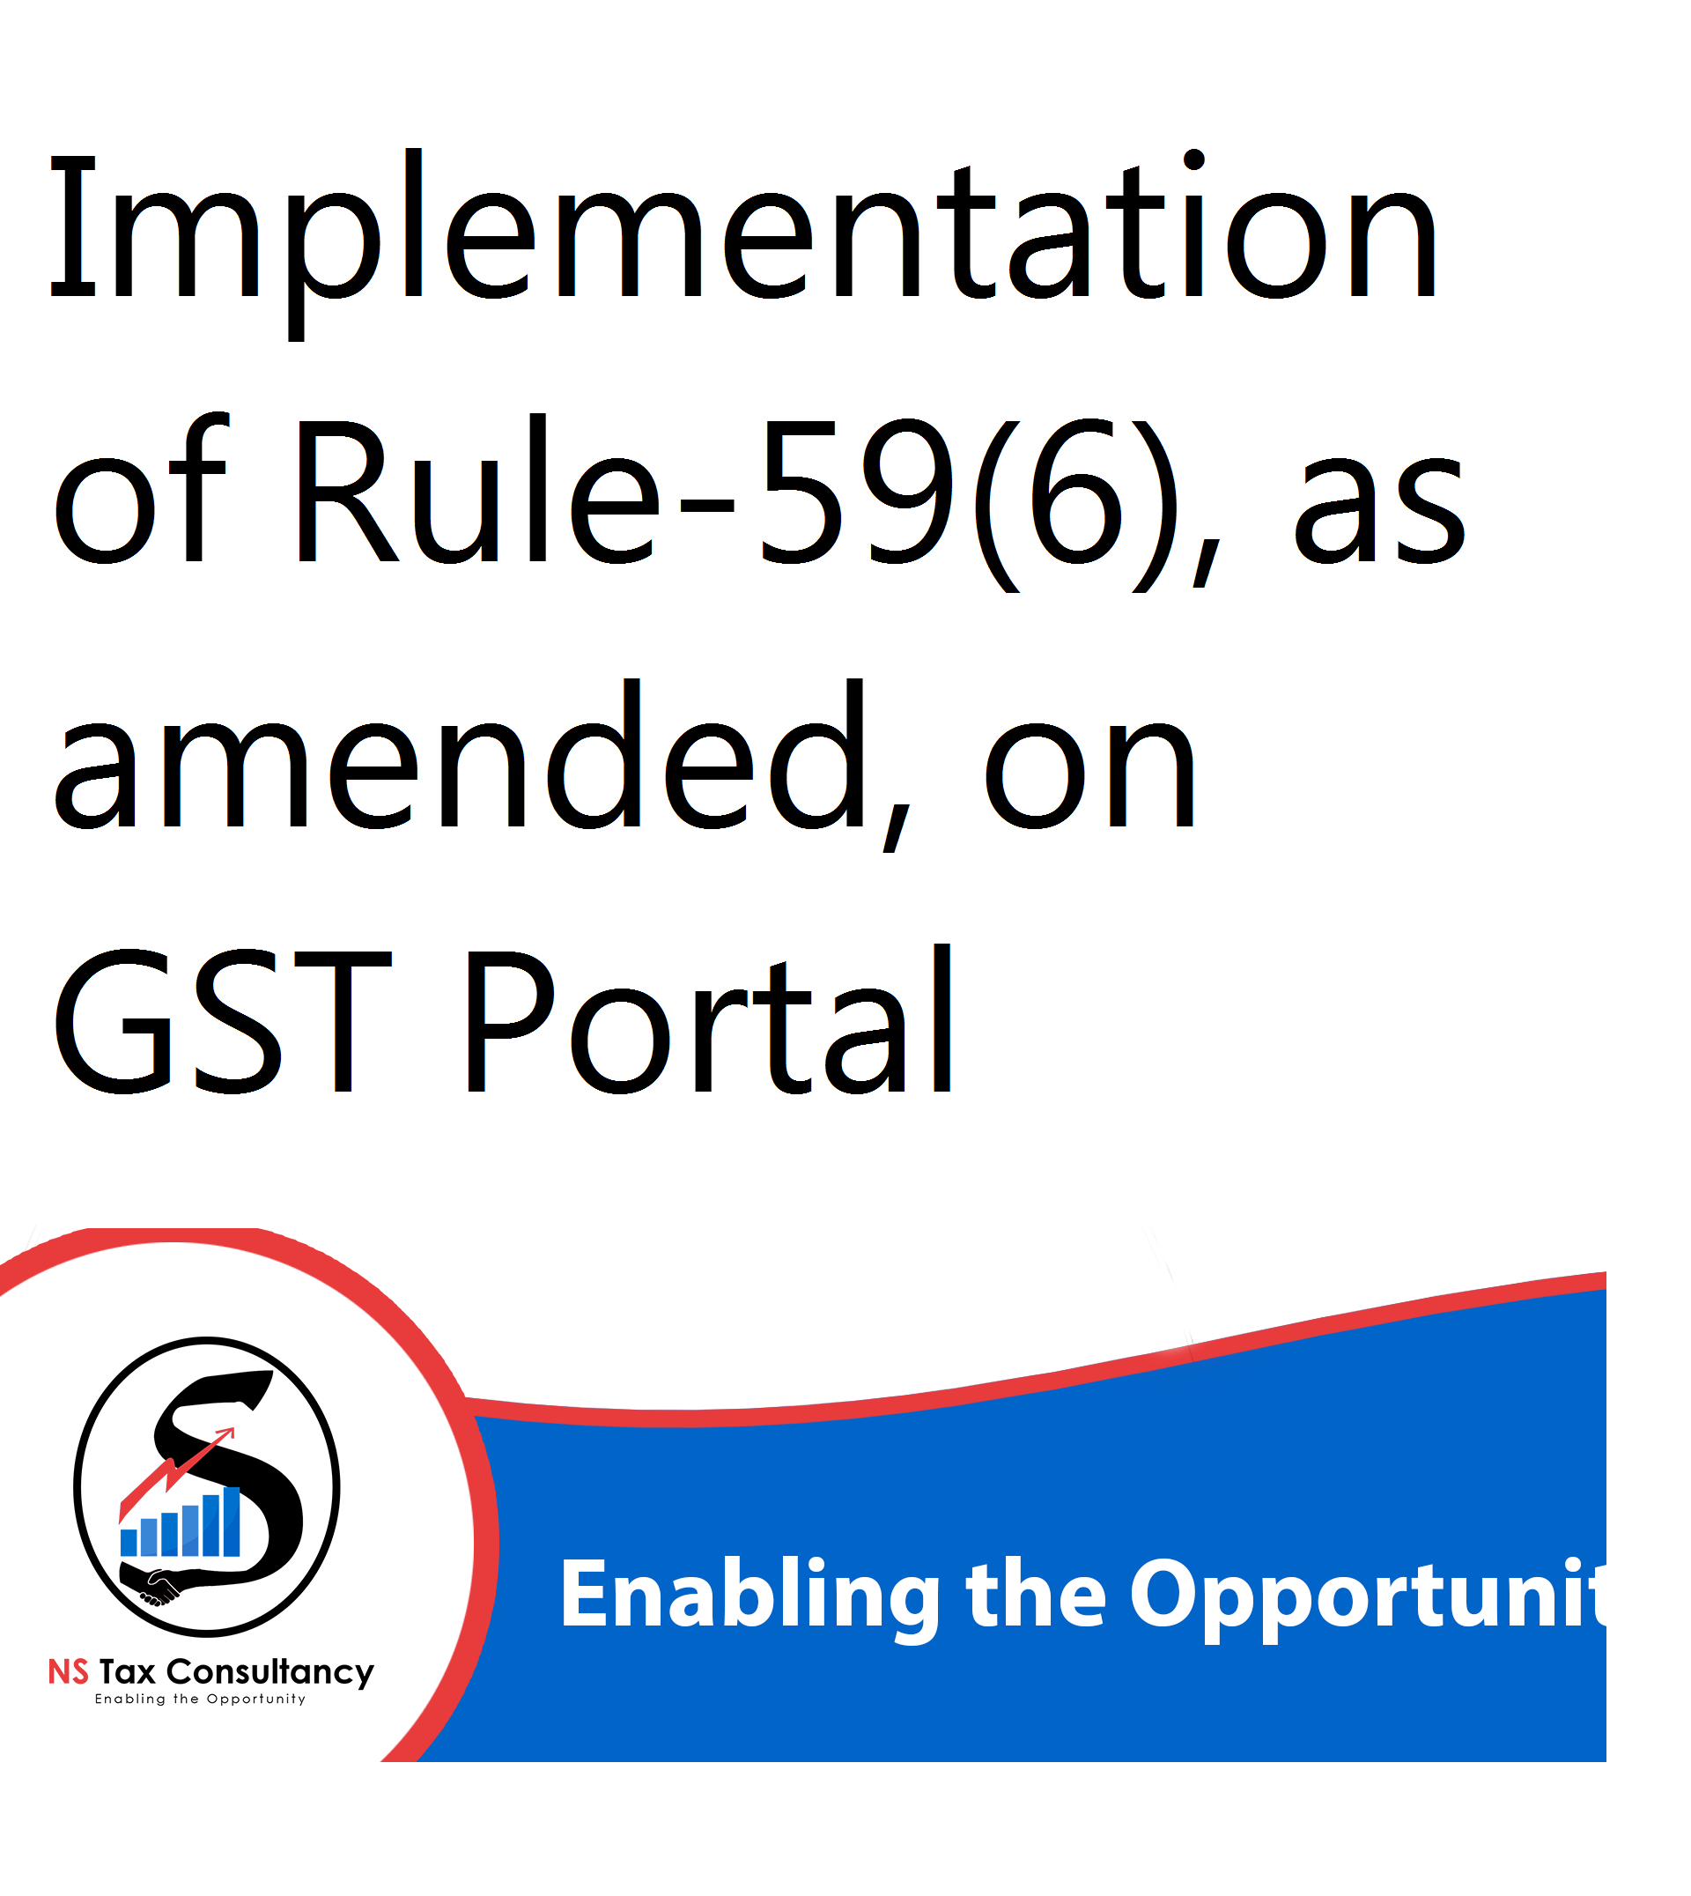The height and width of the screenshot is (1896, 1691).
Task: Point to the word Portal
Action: tap(710, 1018)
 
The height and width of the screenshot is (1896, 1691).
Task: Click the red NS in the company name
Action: tap(69, 1673)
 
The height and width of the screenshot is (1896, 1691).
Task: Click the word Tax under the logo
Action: tap(128, 1673)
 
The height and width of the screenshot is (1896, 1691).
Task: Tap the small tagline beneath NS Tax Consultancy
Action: tap(201, 1700)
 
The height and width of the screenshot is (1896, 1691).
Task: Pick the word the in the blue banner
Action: tap(1037, 1595)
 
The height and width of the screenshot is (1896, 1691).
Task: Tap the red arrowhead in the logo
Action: tap(225, 1436)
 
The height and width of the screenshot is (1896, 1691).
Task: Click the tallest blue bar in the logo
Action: tap(233, 1522)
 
